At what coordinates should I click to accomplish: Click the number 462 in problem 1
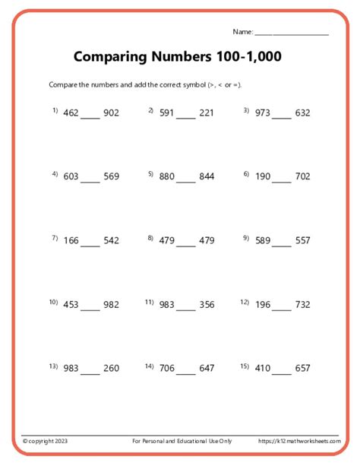(71, 113)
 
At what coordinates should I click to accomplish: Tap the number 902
(111, 113)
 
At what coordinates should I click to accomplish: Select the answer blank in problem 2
(188, 117)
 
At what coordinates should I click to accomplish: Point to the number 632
(302, 113)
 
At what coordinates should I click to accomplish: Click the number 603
(71, 176)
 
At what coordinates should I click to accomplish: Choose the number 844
(207, 176)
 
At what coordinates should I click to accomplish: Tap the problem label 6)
(246, 174)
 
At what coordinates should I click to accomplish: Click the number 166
(71, 240)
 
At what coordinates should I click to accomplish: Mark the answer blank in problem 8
(188, 244)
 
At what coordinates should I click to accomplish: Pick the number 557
(302, 240)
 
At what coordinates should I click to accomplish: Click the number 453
(71, 304)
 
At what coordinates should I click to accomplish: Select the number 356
(207, 304)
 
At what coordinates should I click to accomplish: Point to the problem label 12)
(245, 302)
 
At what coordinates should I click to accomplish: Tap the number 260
(111, 368)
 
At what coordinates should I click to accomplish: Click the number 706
(166, 368)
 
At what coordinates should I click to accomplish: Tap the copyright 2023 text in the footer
(46, 442)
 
